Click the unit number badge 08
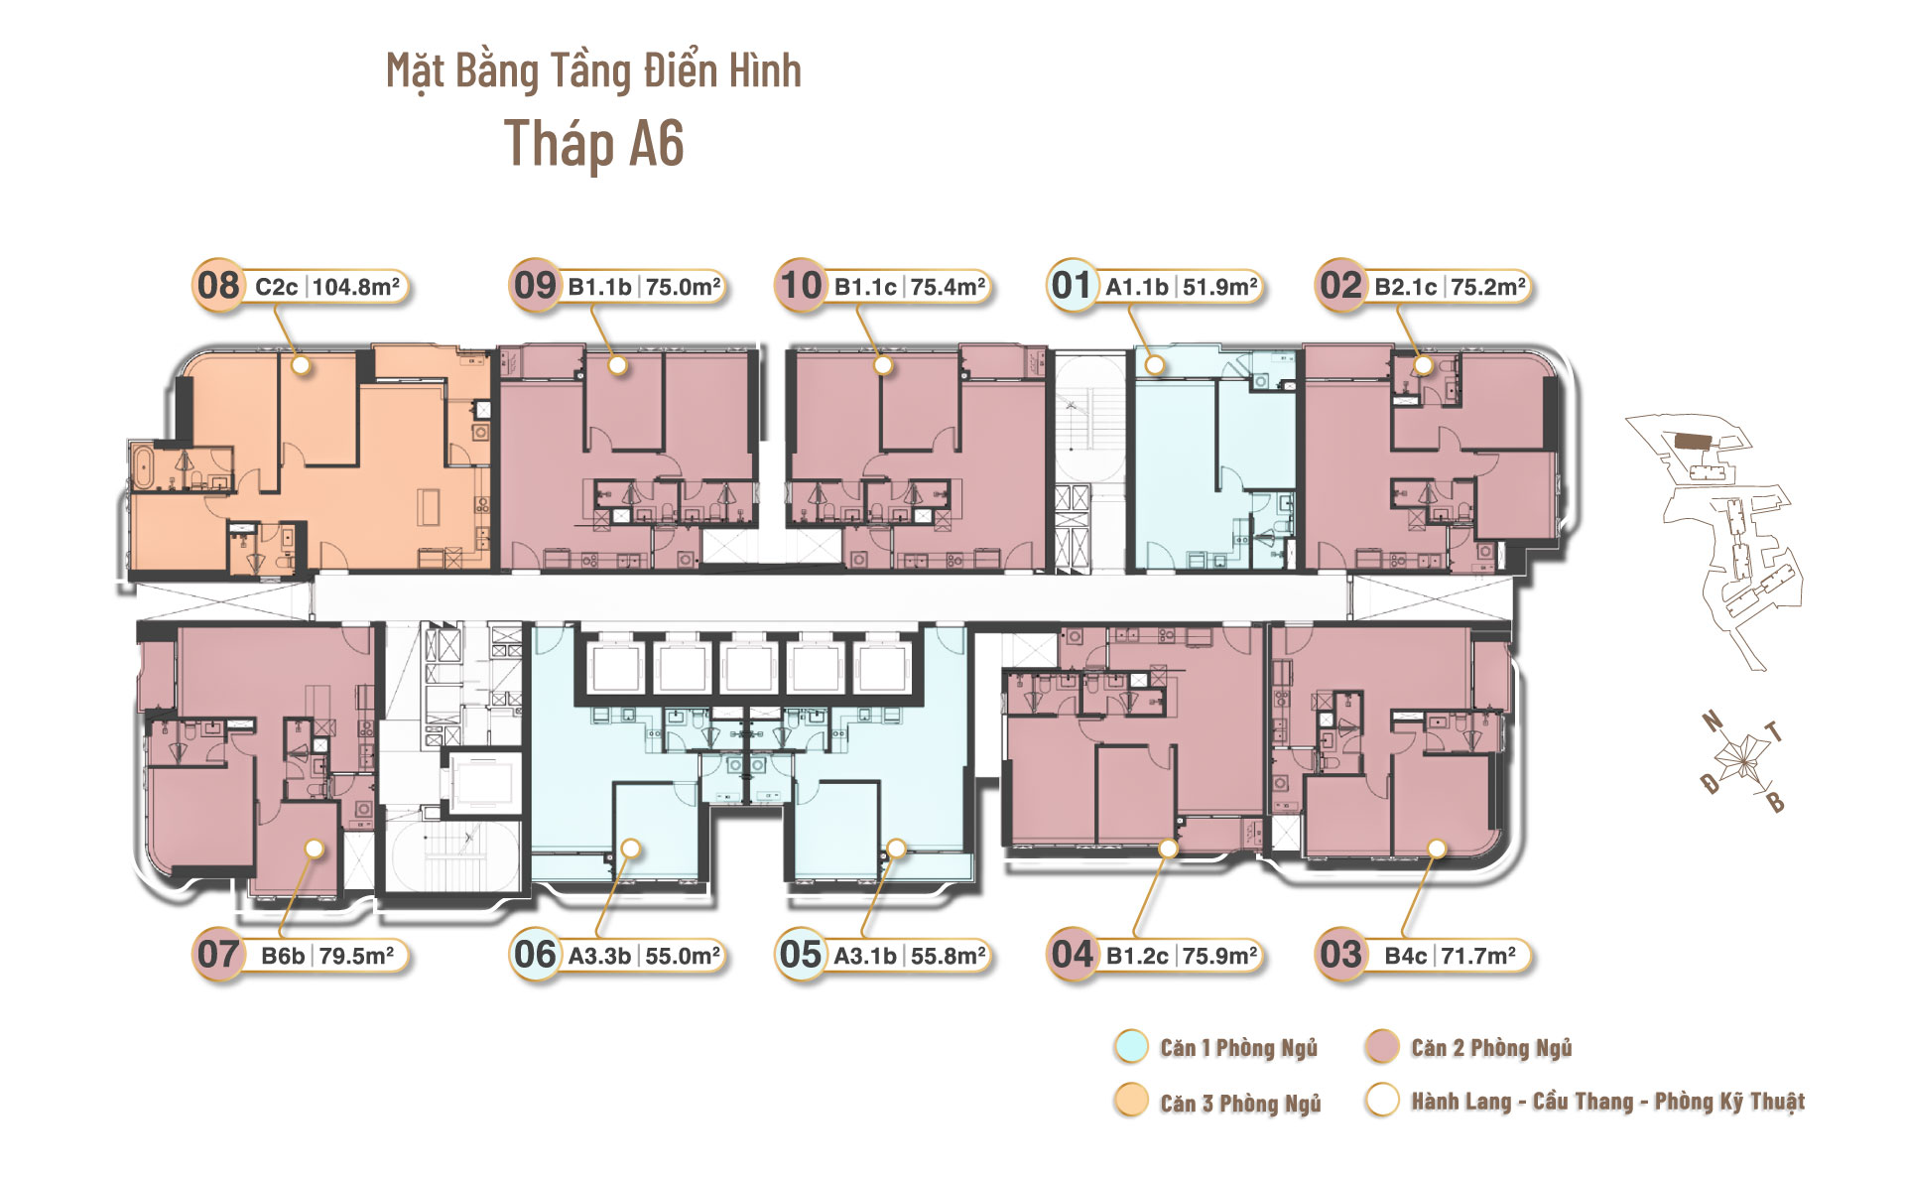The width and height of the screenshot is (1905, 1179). coord(218,286)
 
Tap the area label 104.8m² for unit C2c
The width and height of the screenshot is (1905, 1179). coord(356,287)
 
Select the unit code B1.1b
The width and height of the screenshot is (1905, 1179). coord(599,287)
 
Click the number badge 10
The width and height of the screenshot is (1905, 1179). coord(801,286)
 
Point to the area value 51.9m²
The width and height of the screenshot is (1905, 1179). coord(1220,287)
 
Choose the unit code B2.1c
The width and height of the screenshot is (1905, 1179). coord(1406,287)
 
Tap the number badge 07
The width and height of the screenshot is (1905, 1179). coord(218,955)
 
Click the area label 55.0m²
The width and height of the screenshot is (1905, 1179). coord(683,956)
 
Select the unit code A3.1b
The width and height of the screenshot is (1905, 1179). coord(865,956)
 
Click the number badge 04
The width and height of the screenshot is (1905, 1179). coord(1073,955)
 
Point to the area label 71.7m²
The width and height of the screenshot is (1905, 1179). coord(1478,956)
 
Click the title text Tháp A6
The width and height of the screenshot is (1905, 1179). coord(594,144)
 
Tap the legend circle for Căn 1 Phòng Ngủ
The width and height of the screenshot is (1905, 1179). coord(1131,1047)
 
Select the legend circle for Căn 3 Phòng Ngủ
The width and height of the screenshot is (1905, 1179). coord(1131,1101)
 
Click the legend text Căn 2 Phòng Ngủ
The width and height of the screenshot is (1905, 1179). coord(1491,1048)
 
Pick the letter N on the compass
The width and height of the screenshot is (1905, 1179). coord(1713,721)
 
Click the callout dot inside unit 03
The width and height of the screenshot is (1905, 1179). coord(1437,849)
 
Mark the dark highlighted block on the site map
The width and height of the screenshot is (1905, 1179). coord(1695,440)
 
